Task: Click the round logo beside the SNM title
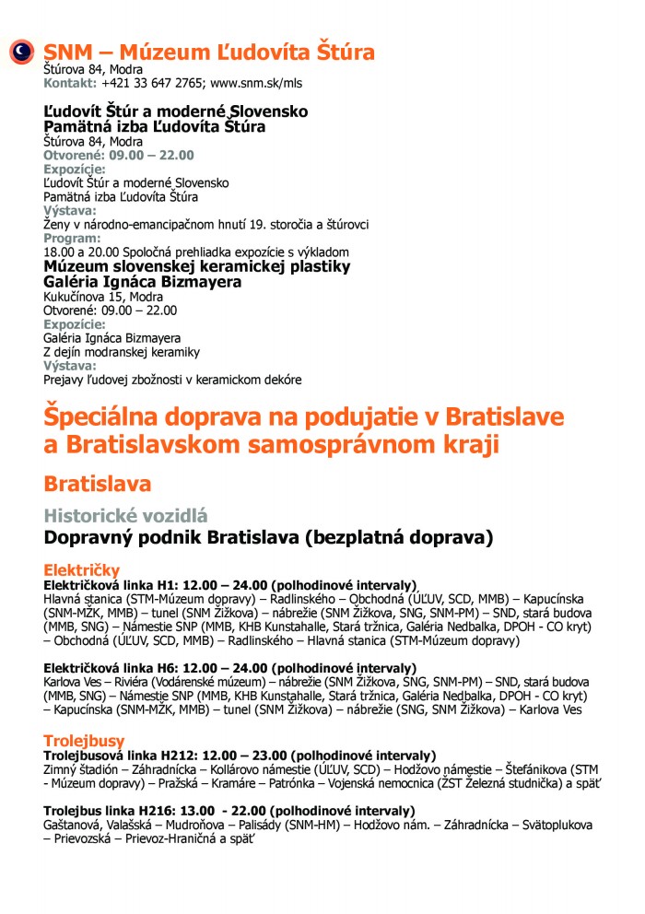click(21, 53)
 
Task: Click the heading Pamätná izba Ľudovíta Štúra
click(155, 126)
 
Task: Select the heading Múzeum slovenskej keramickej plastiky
click(197, 266)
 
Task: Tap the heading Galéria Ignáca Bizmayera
click(143, 282)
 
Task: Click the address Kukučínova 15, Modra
click(103, 297)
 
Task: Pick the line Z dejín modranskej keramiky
click(122, 352)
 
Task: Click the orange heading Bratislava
click(98, 484)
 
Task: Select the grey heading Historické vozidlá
click(126, 516)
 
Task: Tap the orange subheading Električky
click(82, 570)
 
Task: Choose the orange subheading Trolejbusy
click(84, 740)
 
